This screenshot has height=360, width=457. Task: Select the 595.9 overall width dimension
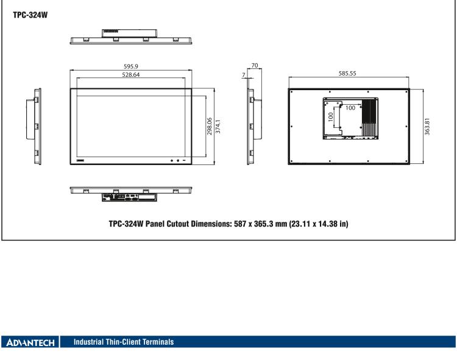pos(131,66)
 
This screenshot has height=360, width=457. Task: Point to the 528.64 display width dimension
pos(131,75)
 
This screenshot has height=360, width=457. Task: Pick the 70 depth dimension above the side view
pos(255,64)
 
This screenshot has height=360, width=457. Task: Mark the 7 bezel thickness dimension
pos(244,75)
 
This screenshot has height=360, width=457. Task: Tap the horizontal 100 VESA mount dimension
pos(350,108)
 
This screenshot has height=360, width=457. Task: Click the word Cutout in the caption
pos(175,224)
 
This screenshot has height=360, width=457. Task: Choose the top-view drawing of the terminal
pos(132,37)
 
